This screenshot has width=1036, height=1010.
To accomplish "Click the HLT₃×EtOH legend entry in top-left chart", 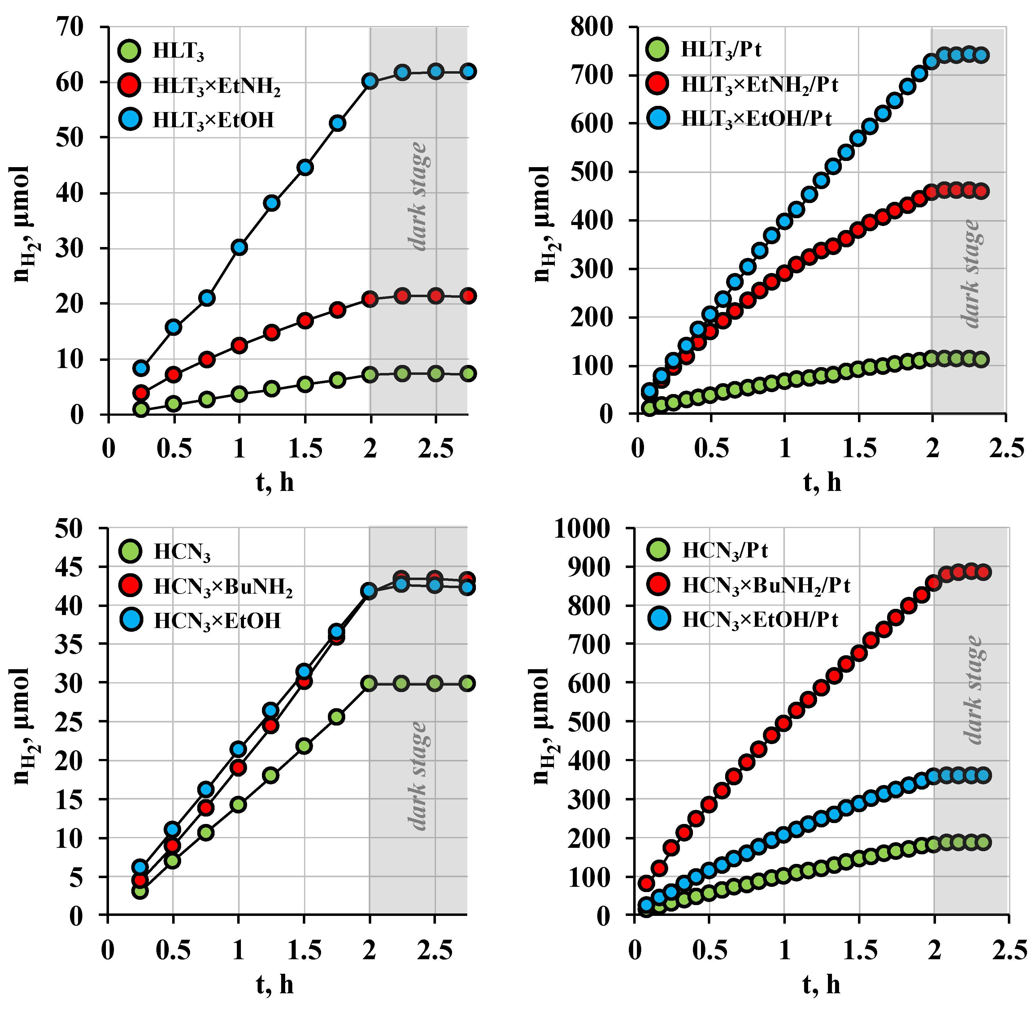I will [212, 120].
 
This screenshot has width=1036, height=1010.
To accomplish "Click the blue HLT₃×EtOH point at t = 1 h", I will [239, 247].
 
